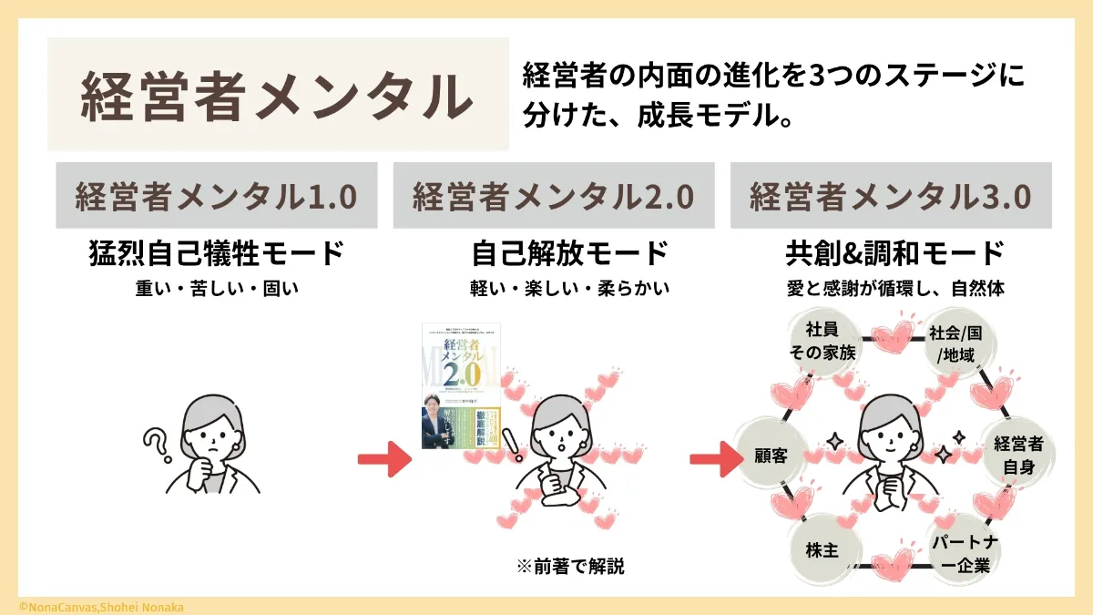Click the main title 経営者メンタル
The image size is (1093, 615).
click(x=278, y=95)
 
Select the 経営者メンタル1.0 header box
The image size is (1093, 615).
click(x=216, y=196)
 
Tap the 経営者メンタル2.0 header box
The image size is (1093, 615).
click(x=554, y=196)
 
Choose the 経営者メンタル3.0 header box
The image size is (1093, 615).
click(x=891, y=196)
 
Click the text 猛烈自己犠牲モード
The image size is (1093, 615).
click(x=216, y=253)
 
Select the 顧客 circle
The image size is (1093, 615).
click(x=771, y=454)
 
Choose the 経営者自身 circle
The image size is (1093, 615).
click(x=1018, y=454)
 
